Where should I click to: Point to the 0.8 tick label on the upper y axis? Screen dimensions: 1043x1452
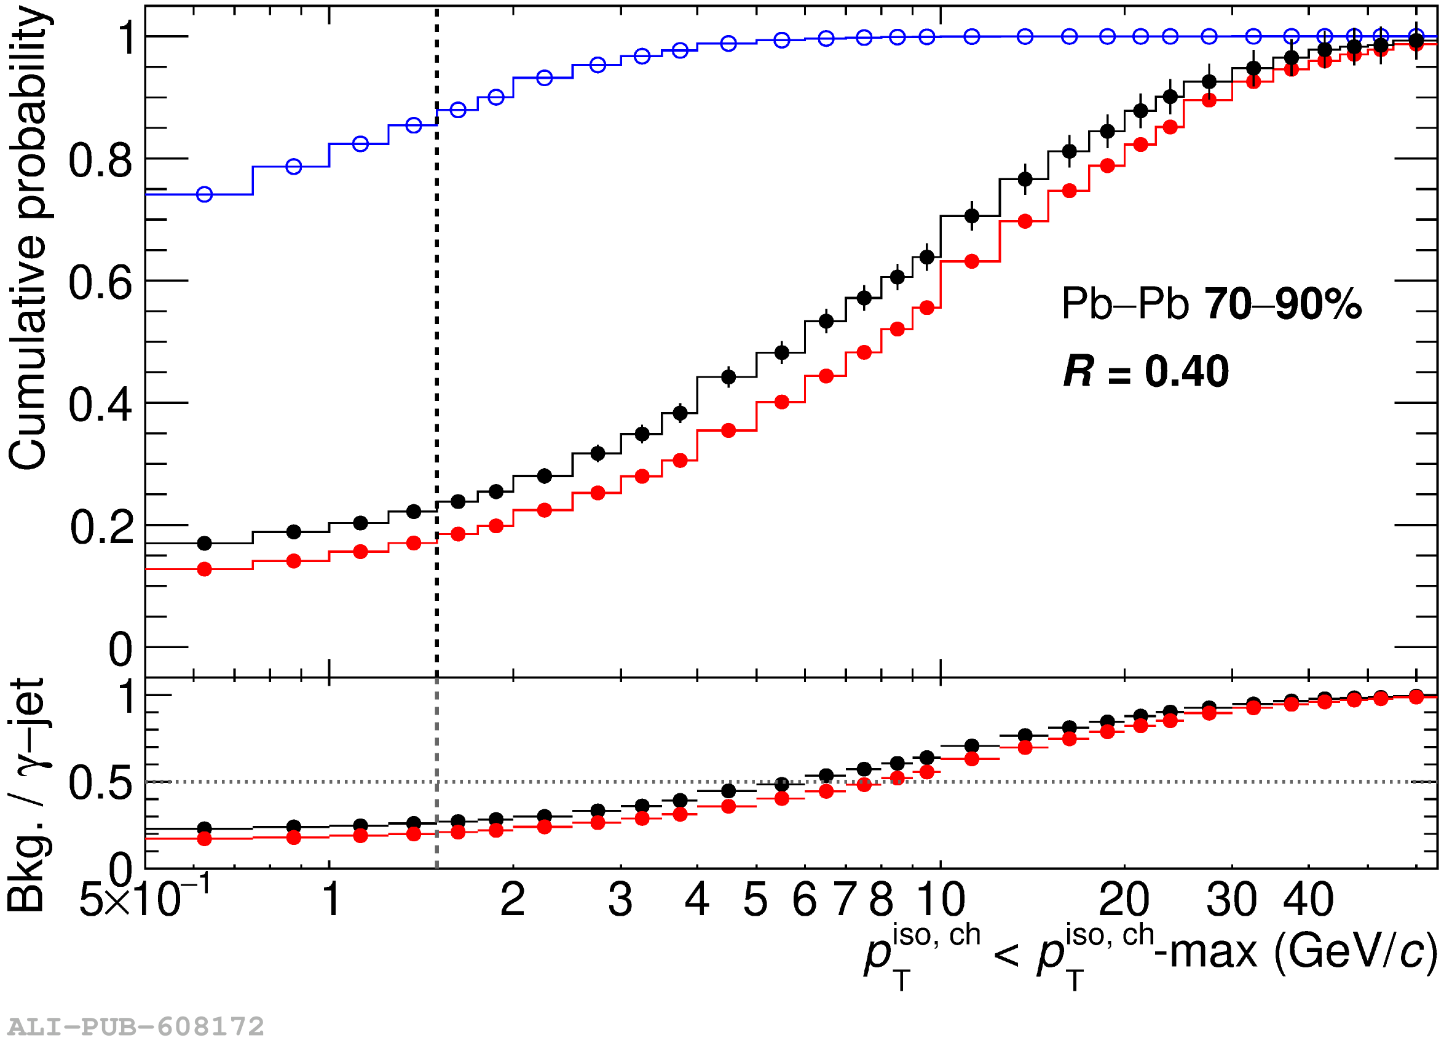point(101,161)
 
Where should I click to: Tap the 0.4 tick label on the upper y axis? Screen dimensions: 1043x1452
point(101,405)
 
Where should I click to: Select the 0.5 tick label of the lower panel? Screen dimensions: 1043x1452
point(101,783)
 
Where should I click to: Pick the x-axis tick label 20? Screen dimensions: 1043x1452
point(1124,900)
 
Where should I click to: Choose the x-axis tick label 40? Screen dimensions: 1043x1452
point(1309,900)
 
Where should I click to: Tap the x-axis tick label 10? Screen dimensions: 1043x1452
point(940,900)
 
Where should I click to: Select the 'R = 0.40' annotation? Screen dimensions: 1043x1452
point(1145,371)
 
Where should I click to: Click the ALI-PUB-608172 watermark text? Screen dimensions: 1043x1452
point(136,1027)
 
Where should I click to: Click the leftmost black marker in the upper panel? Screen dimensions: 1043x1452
point(204,544)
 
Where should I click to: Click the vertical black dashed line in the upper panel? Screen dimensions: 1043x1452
point(437,320)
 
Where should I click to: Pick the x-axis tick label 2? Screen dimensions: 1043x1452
point(513,900)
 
